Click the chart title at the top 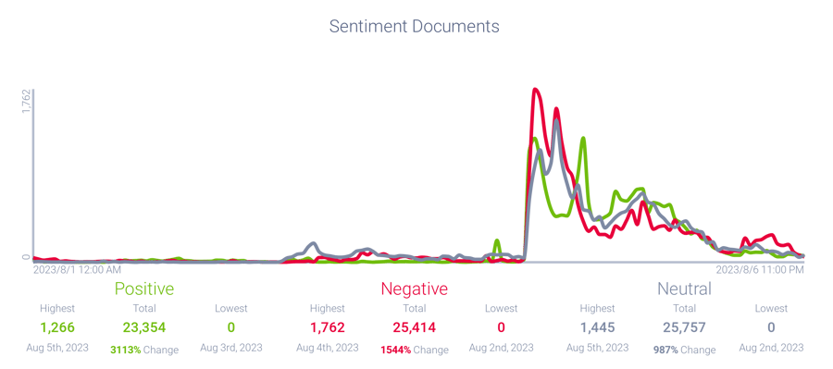415,27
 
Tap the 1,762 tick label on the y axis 27,102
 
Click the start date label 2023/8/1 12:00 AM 77,270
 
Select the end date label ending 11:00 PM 762,270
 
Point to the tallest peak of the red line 535,89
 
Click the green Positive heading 143,289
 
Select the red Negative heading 414,289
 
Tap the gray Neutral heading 684,289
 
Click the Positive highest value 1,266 56,327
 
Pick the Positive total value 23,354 143,327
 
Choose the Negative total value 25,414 414,327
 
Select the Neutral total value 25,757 684,327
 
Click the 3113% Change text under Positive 143,351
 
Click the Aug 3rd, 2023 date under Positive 230,348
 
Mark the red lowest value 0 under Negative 501,327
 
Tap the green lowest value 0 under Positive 230,327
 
